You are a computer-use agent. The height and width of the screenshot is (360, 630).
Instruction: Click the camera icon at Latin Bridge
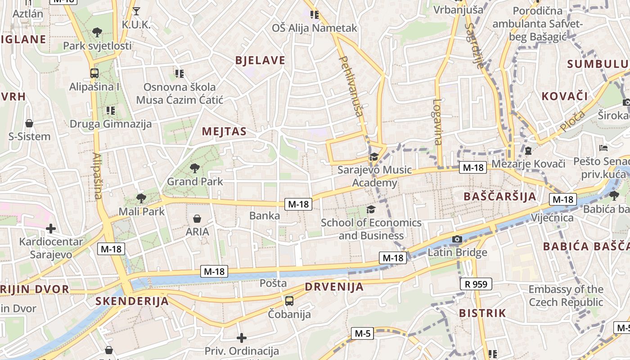coord(457,239)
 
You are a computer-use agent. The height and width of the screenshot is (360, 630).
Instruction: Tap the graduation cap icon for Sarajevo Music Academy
coord(373,157)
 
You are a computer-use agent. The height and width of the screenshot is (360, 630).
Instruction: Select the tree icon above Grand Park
coord(195,168)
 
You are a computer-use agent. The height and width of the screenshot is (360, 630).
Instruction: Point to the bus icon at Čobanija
coord(289,301)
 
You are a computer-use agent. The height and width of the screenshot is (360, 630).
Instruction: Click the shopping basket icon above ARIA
coord(197,219)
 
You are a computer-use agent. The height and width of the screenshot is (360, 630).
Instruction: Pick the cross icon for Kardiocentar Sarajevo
coord(51,229)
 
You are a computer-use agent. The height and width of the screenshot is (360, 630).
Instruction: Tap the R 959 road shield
coord(476,284)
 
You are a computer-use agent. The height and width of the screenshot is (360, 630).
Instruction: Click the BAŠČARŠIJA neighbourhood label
coord(499,196)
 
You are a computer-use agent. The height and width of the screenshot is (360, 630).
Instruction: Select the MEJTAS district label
coord(224,131)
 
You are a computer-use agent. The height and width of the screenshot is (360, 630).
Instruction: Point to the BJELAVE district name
coord(260,60)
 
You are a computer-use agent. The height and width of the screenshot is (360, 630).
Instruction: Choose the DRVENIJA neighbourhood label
coord(334,287)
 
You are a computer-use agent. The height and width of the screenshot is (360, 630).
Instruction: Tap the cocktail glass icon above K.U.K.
coord(136,11)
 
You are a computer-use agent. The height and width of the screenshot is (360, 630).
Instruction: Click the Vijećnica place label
coord(552,218)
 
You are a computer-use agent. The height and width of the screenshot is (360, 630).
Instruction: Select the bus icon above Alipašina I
coord(94,73)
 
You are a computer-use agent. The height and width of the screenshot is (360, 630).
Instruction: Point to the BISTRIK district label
coord(482,313)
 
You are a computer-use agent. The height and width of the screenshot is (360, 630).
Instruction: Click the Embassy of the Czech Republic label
coord(566,295)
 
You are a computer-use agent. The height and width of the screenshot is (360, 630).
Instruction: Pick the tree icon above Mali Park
coord(141,198)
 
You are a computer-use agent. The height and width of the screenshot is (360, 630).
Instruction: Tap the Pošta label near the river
coord(273,283)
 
